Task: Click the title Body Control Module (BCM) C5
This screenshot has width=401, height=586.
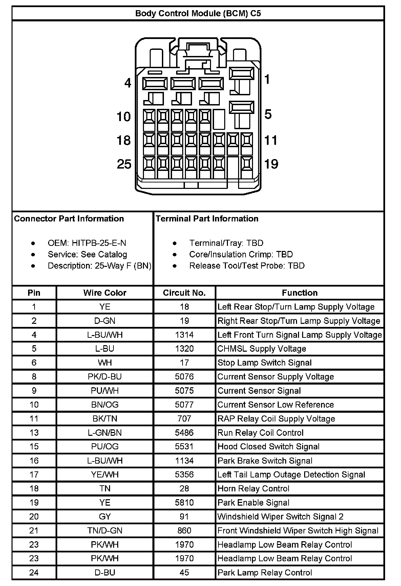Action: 198,14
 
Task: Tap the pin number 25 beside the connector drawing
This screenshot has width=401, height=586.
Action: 124,164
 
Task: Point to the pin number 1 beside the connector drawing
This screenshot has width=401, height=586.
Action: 267,79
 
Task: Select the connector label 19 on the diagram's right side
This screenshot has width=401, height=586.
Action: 271,164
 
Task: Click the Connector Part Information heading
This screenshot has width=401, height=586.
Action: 69,219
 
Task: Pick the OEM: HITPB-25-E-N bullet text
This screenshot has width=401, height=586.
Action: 87,243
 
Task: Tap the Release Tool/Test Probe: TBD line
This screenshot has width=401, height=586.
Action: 247,266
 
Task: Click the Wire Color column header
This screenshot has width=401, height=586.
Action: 105,293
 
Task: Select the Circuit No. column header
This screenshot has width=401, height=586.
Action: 184,293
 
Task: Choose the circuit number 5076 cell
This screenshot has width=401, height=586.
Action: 184,377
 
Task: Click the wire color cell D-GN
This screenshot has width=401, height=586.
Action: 105,321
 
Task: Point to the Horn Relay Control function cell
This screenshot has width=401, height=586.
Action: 253,489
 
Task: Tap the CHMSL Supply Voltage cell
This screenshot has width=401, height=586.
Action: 261,349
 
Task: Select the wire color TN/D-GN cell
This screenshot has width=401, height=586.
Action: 105,531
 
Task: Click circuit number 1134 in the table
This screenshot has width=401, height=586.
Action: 184,461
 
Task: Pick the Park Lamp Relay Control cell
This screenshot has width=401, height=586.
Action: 265,573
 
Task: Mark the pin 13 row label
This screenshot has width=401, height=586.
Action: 34,433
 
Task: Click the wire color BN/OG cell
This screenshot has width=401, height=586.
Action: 105,405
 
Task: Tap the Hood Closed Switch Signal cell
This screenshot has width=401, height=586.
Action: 268,447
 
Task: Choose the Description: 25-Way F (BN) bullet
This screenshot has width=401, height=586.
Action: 99,266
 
